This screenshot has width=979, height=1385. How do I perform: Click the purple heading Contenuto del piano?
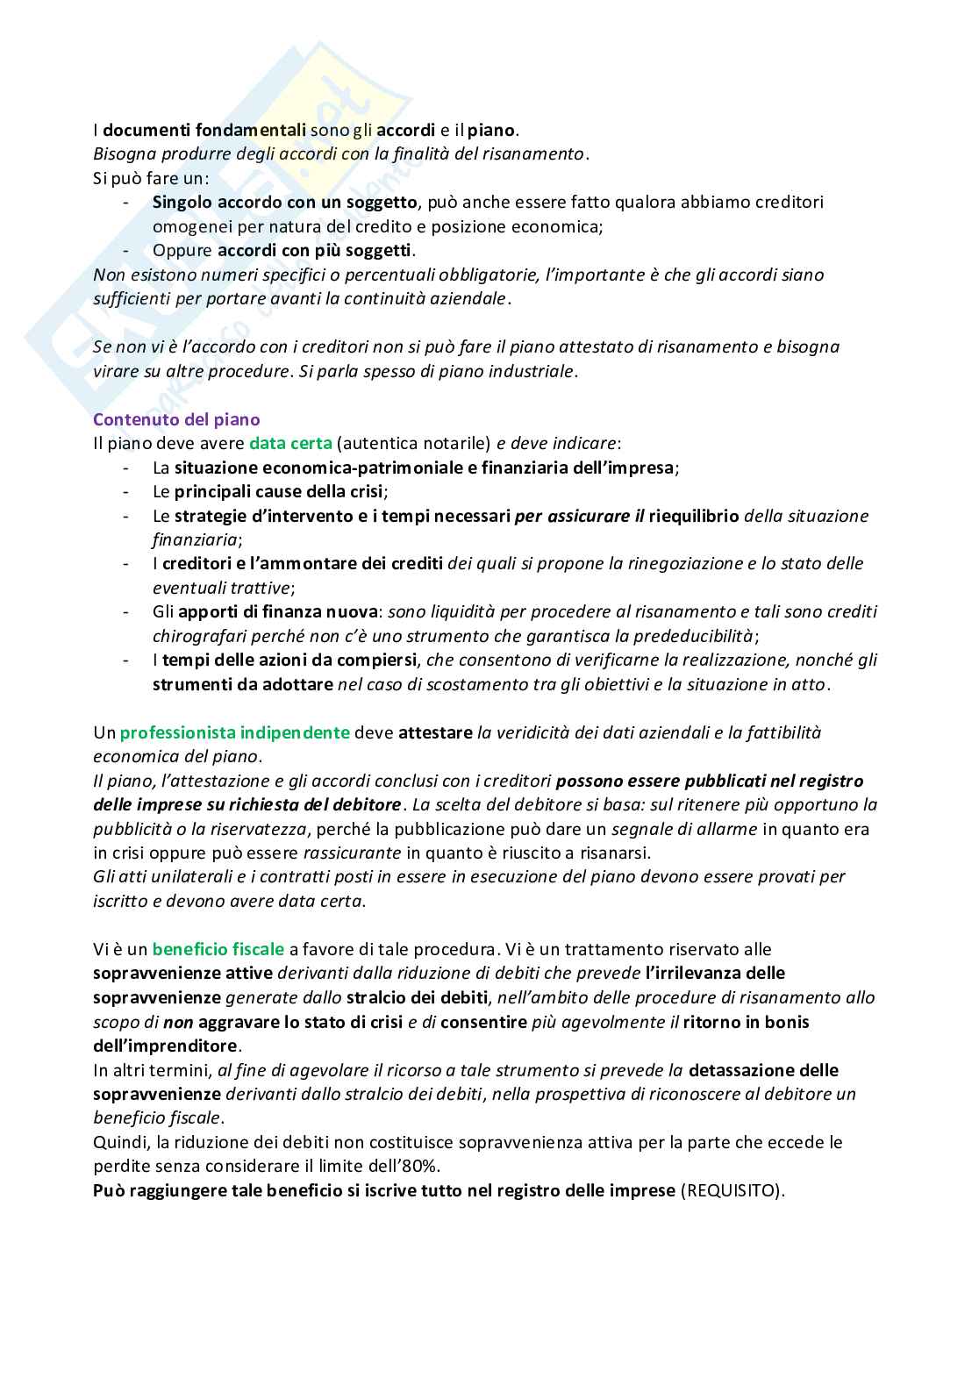176,419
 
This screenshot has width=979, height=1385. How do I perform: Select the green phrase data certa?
290,443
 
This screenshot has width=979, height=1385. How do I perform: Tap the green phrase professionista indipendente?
234,732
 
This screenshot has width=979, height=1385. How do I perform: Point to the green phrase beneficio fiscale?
218,949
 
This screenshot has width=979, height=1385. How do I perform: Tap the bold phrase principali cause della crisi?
278,491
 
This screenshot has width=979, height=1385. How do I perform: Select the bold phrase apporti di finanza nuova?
277,611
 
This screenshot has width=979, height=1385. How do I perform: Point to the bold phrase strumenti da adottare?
242,684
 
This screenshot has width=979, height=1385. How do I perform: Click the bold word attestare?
435,732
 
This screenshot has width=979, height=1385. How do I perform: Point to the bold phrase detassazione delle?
763,1070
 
